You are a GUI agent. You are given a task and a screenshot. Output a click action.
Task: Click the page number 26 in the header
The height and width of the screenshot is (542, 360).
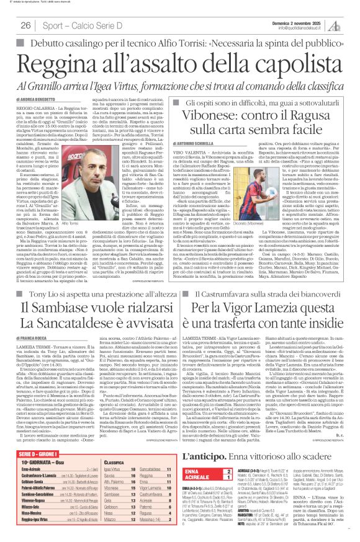[x=26, y=25]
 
